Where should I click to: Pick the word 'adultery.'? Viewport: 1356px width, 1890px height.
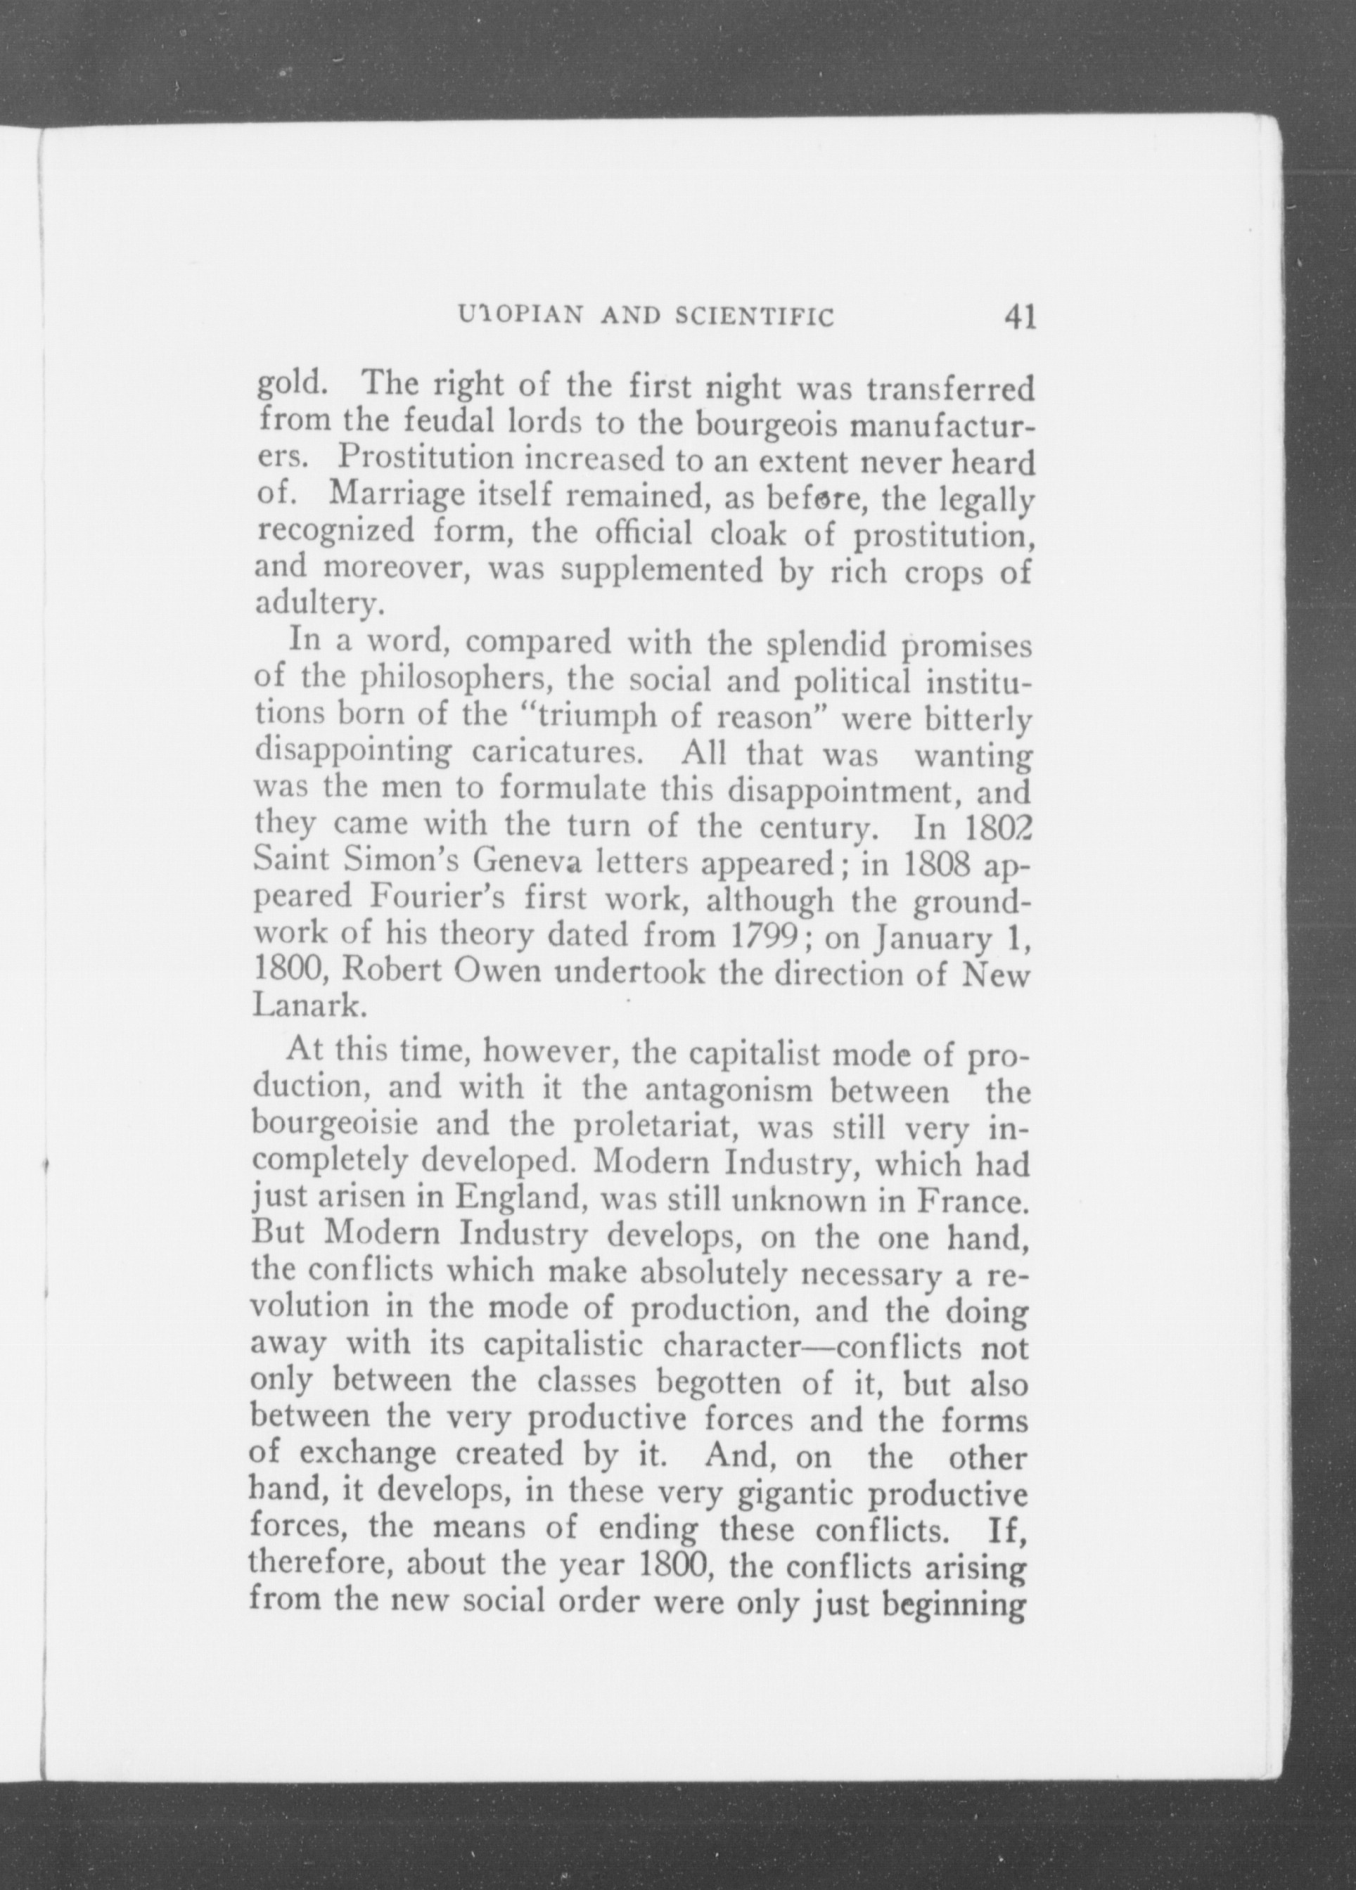click(317, 604)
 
